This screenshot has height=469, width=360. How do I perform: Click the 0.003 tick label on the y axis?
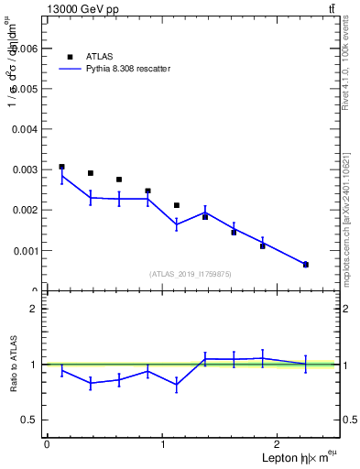click(26, 169)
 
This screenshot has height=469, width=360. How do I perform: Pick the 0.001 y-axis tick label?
click(26, 250)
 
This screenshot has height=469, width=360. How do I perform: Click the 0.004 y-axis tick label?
click(26, 129)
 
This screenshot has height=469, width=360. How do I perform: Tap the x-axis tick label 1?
click(163, 444)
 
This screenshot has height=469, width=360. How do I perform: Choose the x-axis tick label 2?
click(279, 444)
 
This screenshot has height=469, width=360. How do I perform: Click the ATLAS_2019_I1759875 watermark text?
click(191, 273)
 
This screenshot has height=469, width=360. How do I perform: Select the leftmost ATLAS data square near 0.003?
click(61, 167)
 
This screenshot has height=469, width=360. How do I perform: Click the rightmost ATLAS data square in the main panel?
click(305, 264)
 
